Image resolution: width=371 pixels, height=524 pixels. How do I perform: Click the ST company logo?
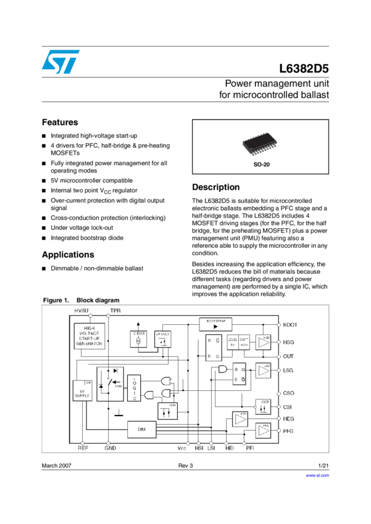[x=60, y=62]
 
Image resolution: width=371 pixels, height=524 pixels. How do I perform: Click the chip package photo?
[x=259, y=144]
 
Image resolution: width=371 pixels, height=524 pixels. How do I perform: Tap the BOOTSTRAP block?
[x=215, y=324]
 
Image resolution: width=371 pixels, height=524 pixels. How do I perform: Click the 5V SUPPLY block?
[x=82, y=391]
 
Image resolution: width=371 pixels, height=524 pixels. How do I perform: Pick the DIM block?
[x=142, y=430]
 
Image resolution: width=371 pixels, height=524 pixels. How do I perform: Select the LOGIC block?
[x=135, y=388]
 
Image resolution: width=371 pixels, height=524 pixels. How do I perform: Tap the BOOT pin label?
[x=290, y=324]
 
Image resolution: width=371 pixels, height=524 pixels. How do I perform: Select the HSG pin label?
[x=289, y=342]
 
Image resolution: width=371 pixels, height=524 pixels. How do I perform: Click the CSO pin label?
[x=289, y=393]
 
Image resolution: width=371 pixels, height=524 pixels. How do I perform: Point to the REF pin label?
[x=83, y=448]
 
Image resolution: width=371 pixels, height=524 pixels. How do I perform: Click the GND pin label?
[x=110, y=448]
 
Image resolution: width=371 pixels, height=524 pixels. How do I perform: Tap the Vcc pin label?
[x=182, y=448]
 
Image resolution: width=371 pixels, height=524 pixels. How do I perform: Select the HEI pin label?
[x=229, y=448]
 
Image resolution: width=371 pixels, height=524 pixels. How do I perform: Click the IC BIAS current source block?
[x=140, y=338]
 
